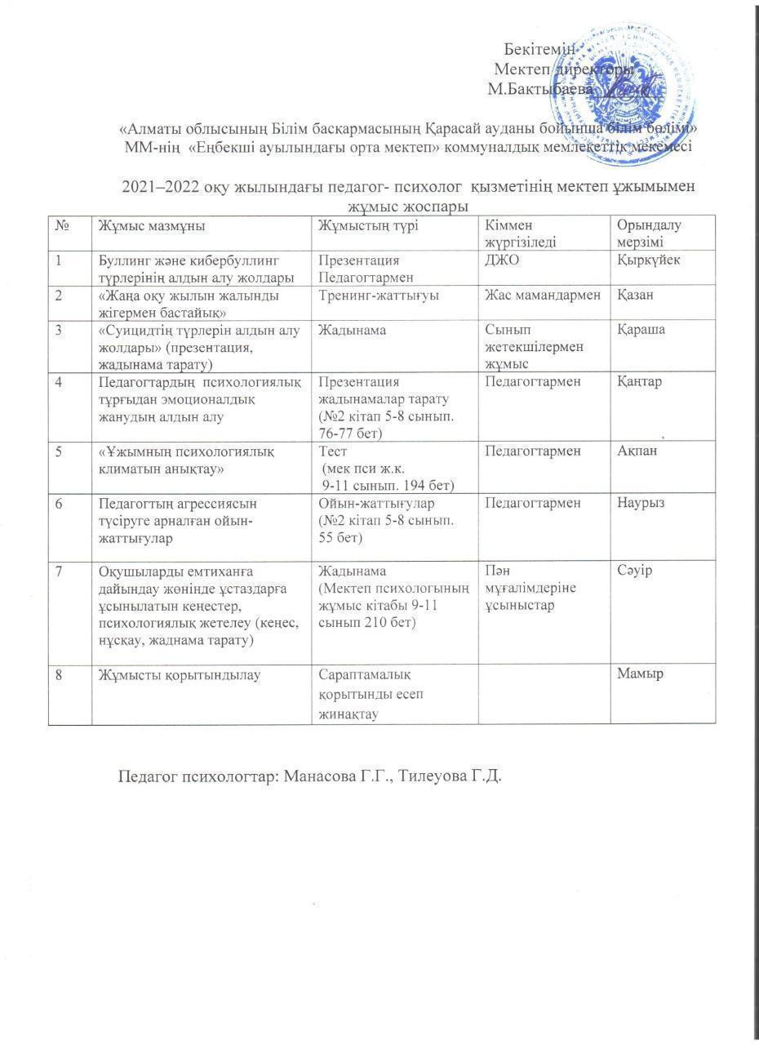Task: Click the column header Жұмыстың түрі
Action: (x=368, y=226)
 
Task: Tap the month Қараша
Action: (x=641, y=330)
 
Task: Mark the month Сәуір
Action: (x=637, y=571)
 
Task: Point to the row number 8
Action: (x=59, y=674)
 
